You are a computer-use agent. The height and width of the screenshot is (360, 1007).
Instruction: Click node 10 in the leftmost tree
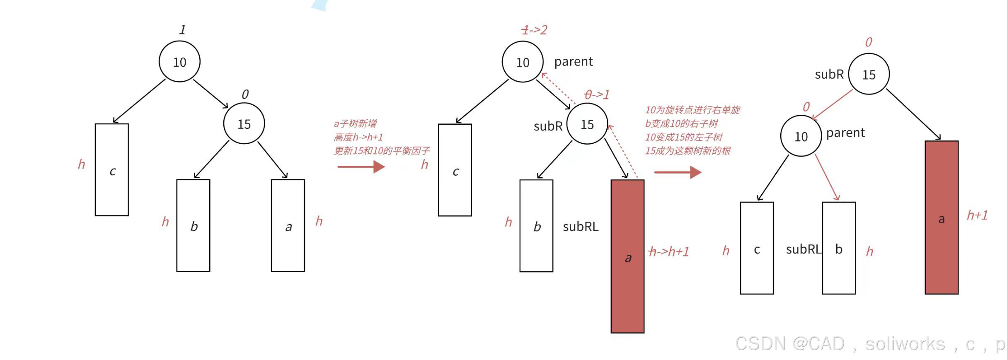179,61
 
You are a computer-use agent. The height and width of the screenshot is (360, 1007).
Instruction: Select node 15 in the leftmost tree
244,123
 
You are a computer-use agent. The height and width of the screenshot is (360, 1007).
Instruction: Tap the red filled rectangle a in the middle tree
627,256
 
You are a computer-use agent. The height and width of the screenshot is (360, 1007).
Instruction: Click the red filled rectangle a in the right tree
942,217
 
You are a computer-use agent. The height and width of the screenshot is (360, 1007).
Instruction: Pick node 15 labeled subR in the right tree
869,74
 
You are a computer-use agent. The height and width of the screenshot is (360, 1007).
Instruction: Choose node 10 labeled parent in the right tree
801,136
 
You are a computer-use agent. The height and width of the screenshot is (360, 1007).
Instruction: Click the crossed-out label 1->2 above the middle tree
534,30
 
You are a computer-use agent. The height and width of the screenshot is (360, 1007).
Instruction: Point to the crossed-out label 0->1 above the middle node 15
597,94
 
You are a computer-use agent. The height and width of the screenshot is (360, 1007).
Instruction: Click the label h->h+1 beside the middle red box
668,251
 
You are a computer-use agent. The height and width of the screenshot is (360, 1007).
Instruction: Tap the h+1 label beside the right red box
977,215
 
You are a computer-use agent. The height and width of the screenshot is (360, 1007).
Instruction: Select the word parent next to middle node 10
574,62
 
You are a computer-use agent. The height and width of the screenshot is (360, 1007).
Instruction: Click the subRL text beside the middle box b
581,227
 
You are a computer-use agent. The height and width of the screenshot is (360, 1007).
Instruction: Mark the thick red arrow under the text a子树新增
361,167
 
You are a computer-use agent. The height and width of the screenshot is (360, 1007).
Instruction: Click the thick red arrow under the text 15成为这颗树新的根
678,172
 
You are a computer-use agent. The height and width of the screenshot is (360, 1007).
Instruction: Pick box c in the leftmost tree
112,170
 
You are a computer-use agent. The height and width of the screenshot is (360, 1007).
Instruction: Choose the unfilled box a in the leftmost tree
288,226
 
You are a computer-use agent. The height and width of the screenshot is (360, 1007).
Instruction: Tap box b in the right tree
839,248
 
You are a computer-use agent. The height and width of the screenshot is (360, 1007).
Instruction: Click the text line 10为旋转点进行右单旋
692,110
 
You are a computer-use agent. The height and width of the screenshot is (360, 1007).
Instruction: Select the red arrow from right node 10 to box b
827,178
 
